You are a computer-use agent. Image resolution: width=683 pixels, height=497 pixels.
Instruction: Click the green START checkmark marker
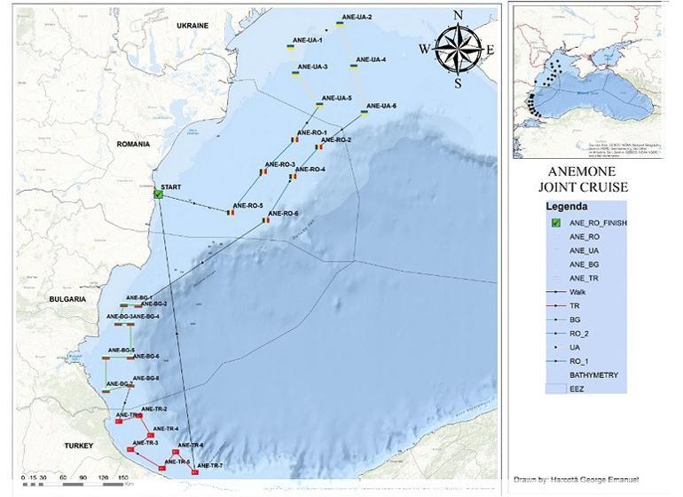pos(157,193)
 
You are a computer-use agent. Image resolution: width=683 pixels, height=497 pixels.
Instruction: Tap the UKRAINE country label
pos(192,26)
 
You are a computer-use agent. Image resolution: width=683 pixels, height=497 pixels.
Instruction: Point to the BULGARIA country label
pos(67,300)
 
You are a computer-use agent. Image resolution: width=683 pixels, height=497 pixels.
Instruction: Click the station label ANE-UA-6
pos(381,106)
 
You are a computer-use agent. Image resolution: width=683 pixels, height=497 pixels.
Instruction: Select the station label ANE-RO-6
pos(283,214)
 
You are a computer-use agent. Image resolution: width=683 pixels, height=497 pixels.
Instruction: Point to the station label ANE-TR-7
pos(209,466)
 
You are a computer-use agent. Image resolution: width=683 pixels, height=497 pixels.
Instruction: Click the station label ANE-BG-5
pos(121,350)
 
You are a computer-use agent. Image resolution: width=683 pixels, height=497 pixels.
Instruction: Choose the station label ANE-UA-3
pos(313,67)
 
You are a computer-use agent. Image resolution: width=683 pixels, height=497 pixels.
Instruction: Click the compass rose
pos(458,47)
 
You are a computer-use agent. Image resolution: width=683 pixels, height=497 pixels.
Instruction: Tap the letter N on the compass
pos(458,14)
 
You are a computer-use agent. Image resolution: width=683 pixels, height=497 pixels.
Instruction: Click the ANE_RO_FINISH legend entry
pos(597,224)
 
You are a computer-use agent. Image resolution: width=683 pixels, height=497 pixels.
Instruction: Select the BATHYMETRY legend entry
pos(593,375)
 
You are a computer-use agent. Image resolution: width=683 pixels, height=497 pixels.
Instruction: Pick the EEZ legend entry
pos(577,390)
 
